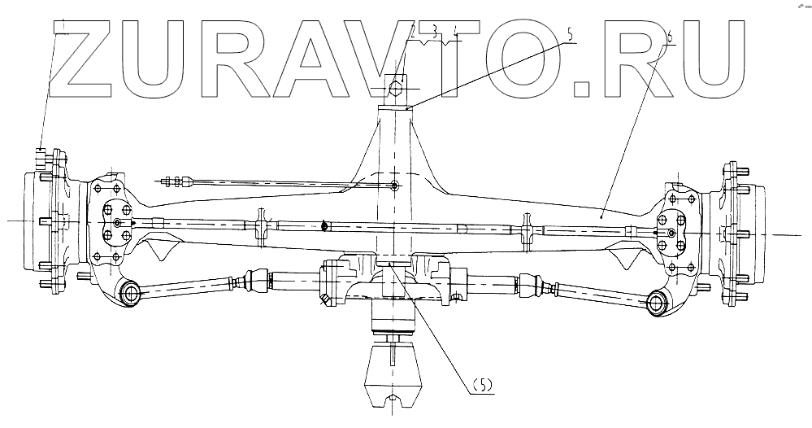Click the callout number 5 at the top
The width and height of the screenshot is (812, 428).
point(570,34)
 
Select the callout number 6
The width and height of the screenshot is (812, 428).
point(669,36)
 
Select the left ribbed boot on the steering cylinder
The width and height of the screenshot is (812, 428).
point(257,282)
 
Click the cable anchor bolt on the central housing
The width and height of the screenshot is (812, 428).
point(393,186)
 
